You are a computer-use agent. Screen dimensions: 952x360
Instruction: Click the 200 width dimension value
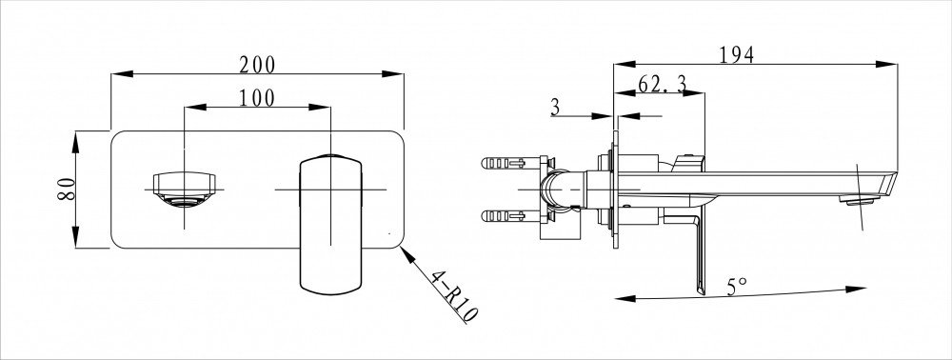[257, 65]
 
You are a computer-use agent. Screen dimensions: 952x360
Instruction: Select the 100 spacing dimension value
[256, 98]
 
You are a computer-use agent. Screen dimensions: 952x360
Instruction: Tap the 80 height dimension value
[67, 190]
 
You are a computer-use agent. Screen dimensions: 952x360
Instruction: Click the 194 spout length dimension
[737, 55]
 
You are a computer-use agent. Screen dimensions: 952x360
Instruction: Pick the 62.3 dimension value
[662, 84]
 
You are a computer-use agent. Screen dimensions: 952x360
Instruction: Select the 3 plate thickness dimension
[555, 108]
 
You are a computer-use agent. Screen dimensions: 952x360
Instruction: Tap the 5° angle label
[737, 286]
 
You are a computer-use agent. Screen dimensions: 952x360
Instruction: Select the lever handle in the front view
[331, 225]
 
